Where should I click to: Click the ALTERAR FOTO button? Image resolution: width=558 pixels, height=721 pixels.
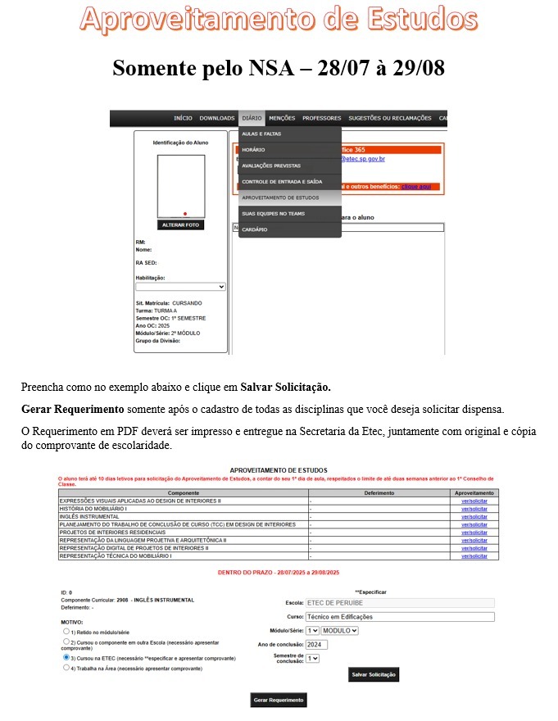pos(180,224)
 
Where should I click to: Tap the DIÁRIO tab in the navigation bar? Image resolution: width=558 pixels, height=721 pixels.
pos(252,118)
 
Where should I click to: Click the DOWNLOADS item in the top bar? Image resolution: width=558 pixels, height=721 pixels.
pos(216,118)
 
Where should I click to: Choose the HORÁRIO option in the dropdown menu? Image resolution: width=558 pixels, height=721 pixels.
pos(253,150)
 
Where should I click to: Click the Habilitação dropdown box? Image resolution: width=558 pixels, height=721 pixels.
pos(180,287)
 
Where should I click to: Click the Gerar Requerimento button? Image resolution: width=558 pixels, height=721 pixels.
pos(279,700)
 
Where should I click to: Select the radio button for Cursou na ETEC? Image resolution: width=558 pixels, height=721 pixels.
pos(66,656)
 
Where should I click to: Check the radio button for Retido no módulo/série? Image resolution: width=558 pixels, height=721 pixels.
pos(66,631)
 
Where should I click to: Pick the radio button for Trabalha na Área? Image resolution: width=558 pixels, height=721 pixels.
pos(66,668)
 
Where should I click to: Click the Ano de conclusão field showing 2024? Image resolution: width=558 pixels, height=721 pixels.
pos(316,644)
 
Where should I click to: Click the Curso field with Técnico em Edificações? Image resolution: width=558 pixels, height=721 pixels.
pos(400,616)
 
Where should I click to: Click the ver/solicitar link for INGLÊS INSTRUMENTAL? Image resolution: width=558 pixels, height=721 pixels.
pos(474,515)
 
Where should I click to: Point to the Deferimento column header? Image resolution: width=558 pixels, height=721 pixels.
pos(378,493)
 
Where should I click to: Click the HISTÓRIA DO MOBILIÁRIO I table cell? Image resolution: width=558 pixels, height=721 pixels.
pos(182,508)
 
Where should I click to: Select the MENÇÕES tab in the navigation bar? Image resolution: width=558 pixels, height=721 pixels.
pos(282,118)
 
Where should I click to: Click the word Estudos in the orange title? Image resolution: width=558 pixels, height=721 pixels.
pos(407,19)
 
